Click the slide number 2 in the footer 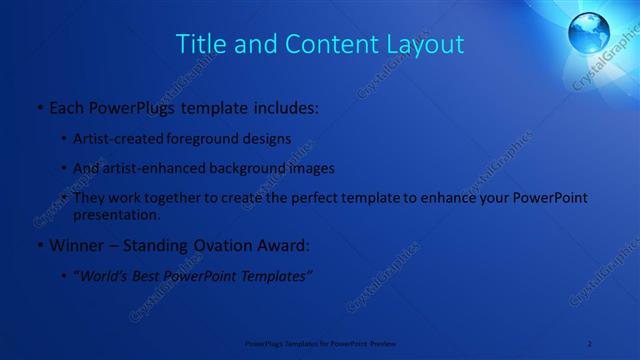point(590,343)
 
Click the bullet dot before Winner point(38,246)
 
